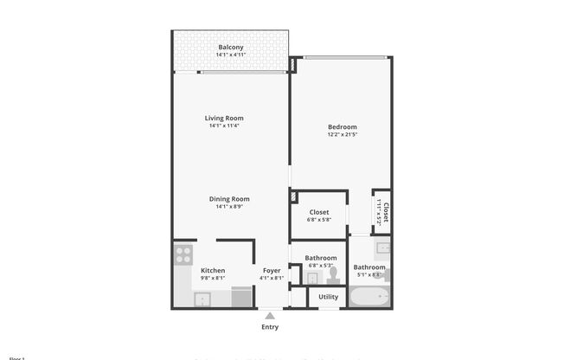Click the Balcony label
(x=230, y=47)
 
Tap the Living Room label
(x=224, y=118)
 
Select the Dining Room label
(x=229, y=199)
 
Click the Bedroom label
(x=342, y=127)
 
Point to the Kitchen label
(x=213, y=270)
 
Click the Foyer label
(x=272, y=270)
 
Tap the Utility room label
(x=328, y=297)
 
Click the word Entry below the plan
(x=270, y=327)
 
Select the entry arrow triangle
(x=270, y=315)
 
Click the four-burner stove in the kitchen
(x=183, y=254)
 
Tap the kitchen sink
(x=202, y=299)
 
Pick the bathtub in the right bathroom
(x=369, y=299)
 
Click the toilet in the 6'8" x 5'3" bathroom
(x=332, y=273)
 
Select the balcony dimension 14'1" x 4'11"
(x=230, y=55)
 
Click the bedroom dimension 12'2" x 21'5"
(x=342, y=134)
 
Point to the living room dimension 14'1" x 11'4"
(x=224, y=125)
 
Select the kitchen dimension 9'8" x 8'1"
(x=213, y=278)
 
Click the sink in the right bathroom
(x=383, y=248)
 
